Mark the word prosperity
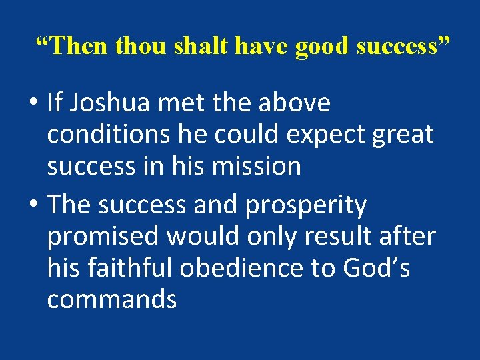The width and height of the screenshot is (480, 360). (x=306, y=205)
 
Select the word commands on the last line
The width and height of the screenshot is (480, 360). (x=111, y=299)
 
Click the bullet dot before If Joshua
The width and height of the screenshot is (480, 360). (x=32, y=105)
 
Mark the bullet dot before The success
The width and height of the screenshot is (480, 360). (x=32, y=206)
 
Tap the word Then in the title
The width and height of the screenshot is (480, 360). (x=75, y=46)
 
